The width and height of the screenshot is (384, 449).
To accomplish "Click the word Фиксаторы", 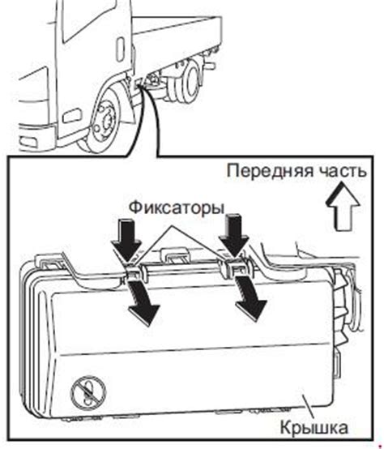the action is [177, 208].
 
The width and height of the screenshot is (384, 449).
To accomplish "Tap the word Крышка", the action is [314, 428].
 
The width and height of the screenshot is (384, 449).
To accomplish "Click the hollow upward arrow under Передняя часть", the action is [343, 206].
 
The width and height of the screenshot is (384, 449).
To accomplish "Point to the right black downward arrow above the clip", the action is [233, 235].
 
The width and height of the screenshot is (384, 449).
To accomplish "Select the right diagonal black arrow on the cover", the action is [250, 298].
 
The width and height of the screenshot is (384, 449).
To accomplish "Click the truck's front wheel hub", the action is [107, 121].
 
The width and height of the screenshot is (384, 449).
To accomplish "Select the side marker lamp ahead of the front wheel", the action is [71, 116].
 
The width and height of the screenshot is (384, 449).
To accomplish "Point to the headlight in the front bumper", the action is [28, 143].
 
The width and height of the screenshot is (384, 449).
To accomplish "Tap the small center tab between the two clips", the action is [177, 254].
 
